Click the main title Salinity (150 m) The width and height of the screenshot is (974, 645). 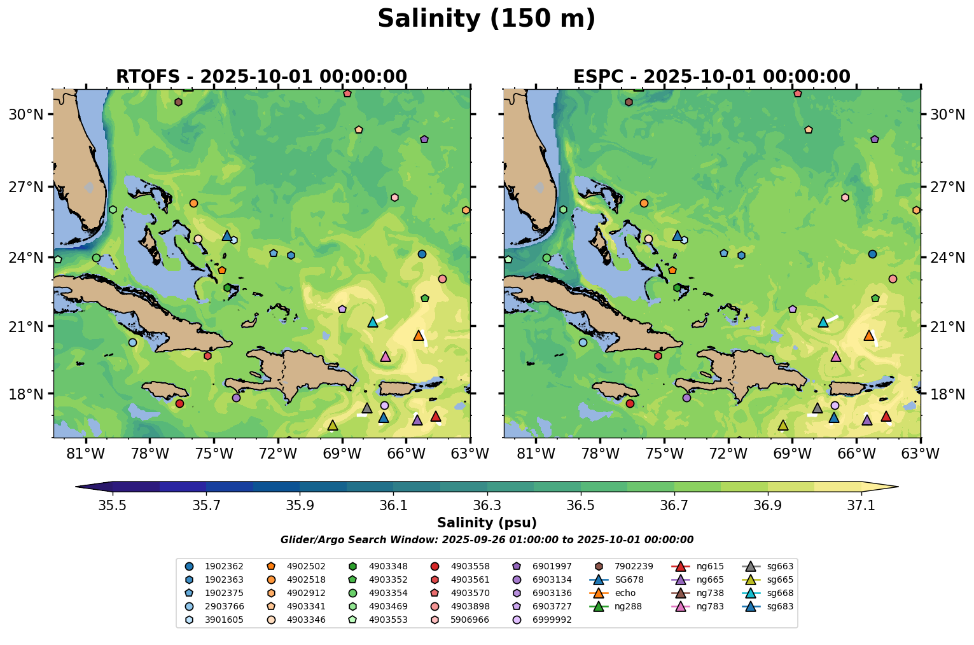(x=486, y=19)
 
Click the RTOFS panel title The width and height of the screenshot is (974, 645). (x=261, y=77)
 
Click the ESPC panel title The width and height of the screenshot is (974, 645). (x=711, y=77)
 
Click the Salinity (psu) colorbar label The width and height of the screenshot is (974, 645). (x=487, y=523)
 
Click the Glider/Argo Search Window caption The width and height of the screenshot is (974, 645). (x=487, y=540)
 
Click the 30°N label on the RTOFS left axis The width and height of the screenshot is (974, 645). (x=25, y=114)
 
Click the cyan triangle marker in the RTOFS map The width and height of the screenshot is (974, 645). (x=373, y=322)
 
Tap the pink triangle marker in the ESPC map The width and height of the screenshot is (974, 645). (x=836, y=356)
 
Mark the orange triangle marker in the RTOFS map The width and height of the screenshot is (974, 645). (x=418, y=335)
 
